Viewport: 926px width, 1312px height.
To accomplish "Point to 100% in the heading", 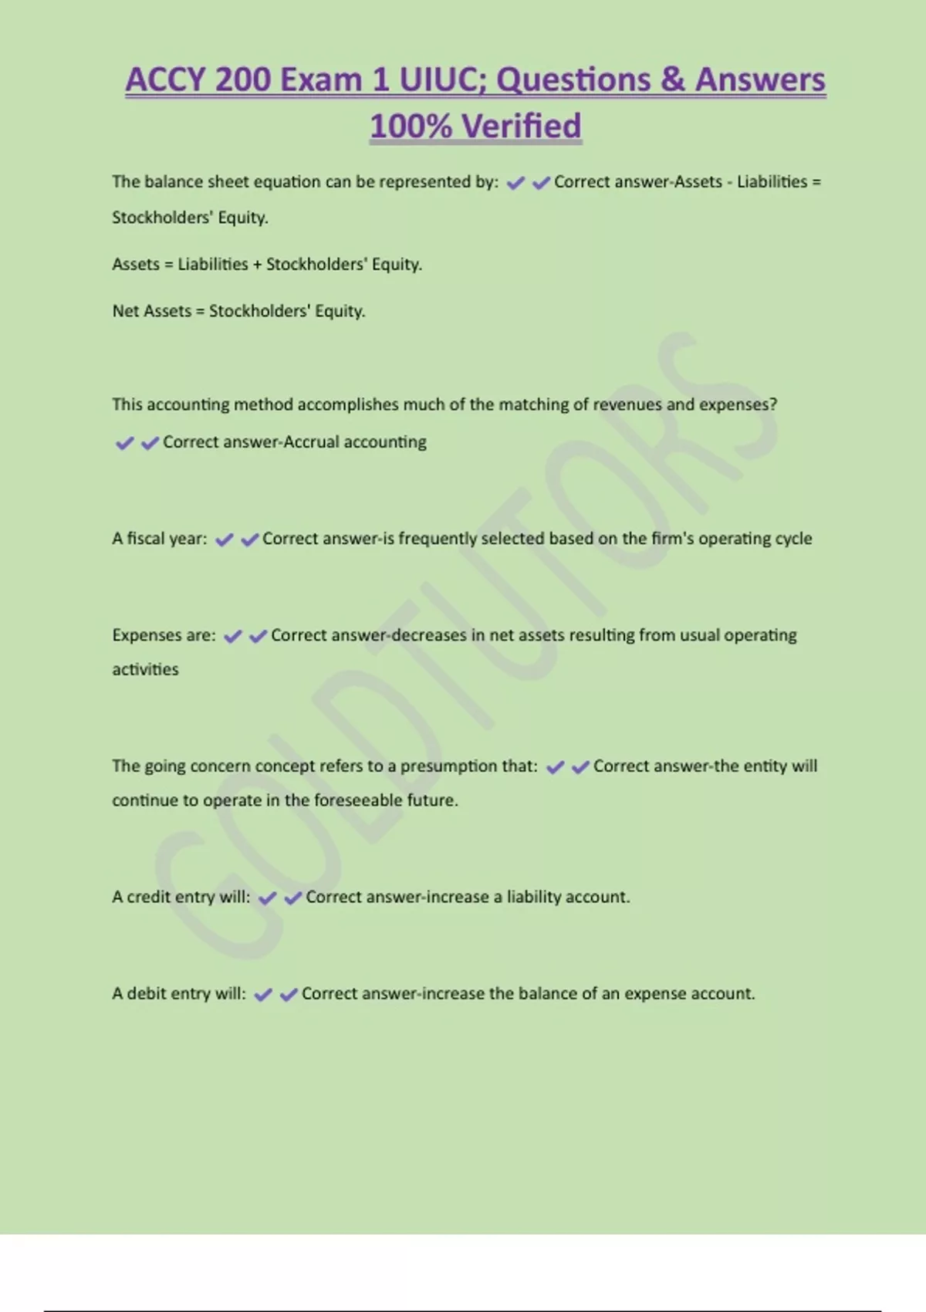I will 410,126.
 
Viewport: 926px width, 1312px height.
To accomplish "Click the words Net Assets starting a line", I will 151,311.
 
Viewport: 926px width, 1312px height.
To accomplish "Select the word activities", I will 145,669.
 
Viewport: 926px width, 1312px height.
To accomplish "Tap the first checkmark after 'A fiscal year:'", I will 224,540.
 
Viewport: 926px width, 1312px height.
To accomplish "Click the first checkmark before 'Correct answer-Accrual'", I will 124,443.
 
